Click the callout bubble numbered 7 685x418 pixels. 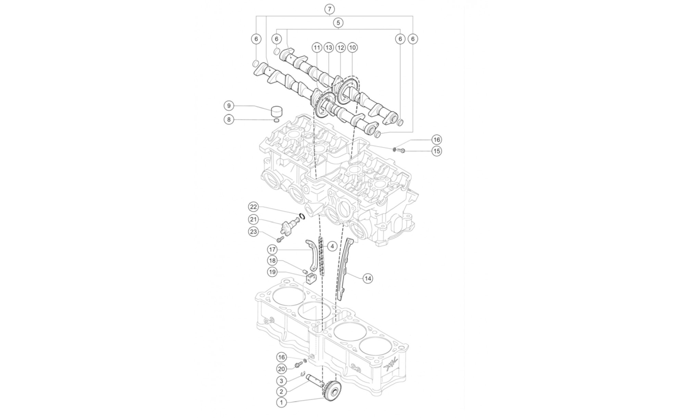[329, 9]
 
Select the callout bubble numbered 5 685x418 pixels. [338, 23]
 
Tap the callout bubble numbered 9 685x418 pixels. [229, 106]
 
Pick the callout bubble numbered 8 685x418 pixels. [229, 120]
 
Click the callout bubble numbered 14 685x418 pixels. [368, 279]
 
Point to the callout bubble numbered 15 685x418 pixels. [437, 151]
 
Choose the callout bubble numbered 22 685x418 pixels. [253, 207]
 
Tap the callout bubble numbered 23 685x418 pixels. [253, 232]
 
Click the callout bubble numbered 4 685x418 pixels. [332, 246]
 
